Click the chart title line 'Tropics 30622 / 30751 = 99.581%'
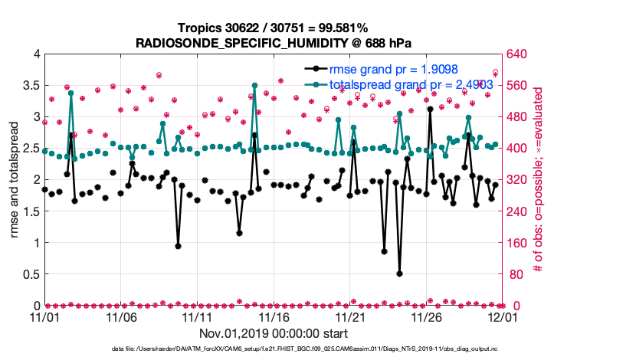pos(274,28)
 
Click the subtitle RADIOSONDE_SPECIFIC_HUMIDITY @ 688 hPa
pos(274,43)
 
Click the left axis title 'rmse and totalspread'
pos(14,180)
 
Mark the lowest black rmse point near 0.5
pos(400,273)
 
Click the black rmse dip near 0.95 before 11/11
pos(178,246)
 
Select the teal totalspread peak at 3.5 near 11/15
pos(254,86)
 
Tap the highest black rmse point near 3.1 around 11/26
pos(431,110)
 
